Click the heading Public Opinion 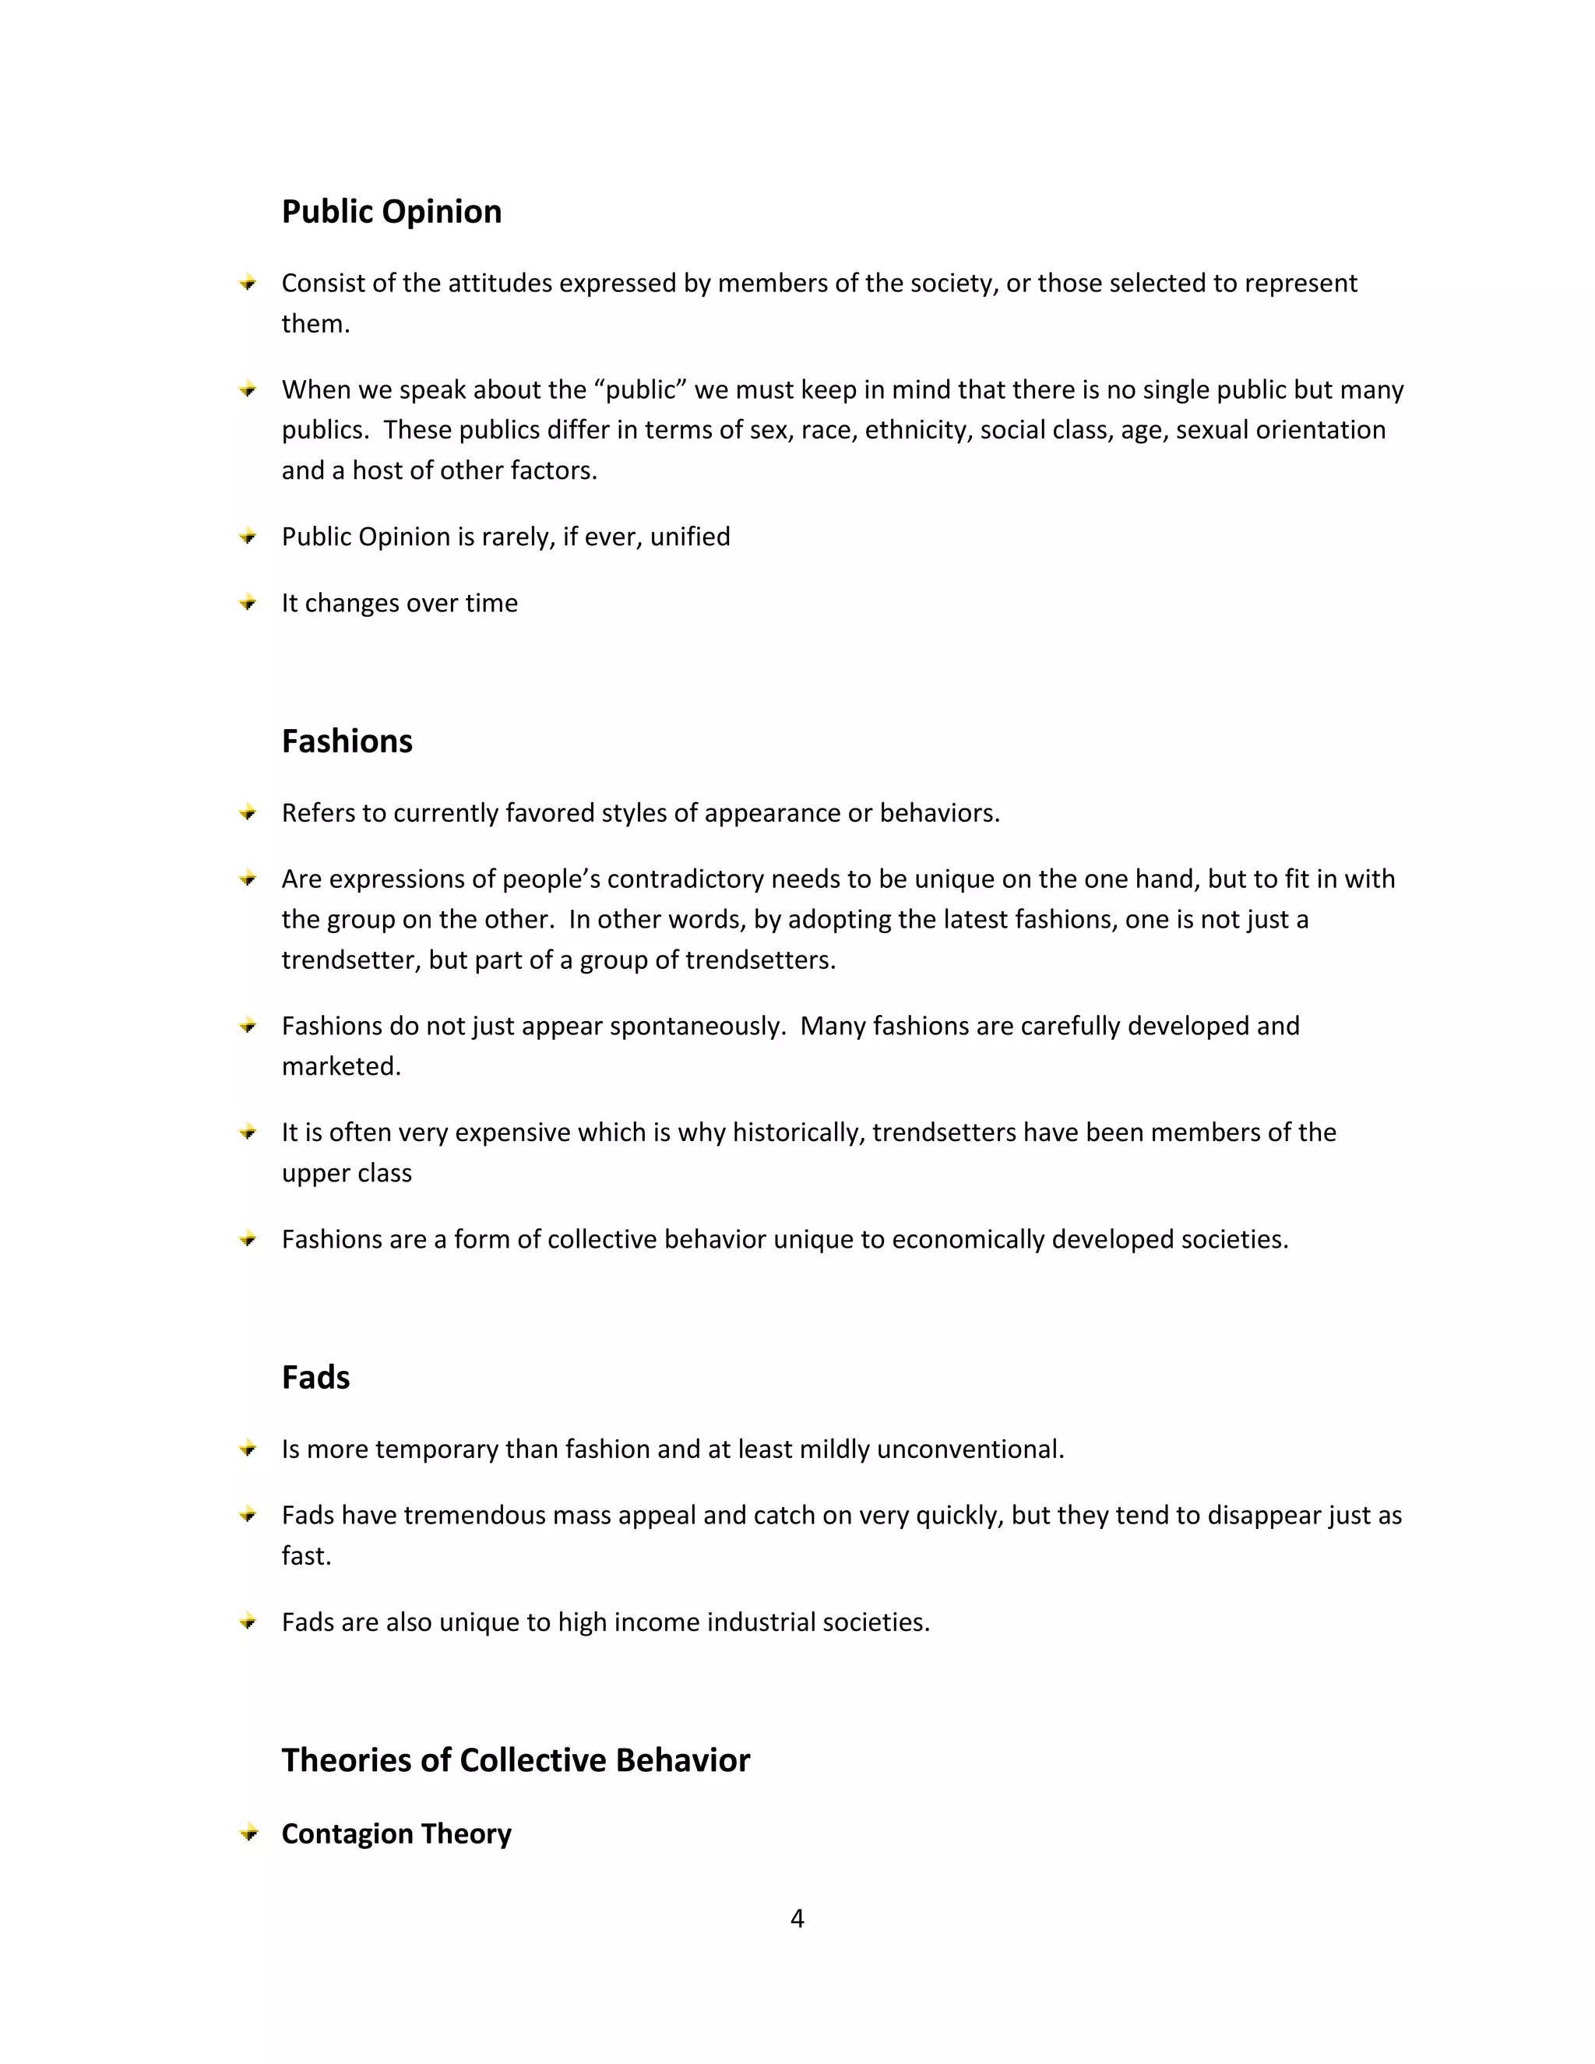click(391, 212)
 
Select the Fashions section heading click(347, 741)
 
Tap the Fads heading click(315, 1377)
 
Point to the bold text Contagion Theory click(396, 1833)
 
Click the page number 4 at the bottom click(797, 1918)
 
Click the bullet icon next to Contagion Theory click(248, 1833)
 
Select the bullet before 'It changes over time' click(248, 603)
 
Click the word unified click(690, 537)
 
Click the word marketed click(341, 1066)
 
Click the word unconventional click(970, 1449)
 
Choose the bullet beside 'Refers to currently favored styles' click(248, 812)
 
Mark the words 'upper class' click(347, 1173)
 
